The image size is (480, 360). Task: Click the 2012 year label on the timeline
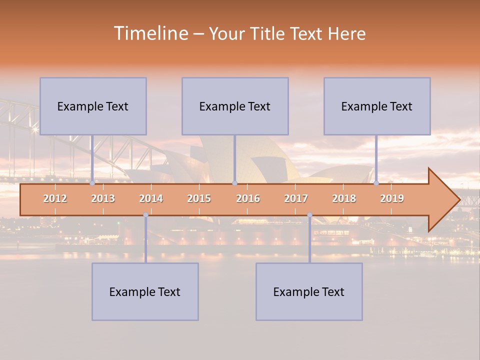click(x=55, y=198)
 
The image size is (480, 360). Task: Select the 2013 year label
click(x=103, y=198)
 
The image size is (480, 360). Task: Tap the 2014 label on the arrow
click(x=151, y=198)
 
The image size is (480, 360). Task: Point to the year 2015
click(x=199, y=198)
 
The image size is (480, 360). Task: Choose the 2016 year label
click(x=248, y=198)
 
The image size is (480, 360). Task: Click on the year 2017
click(x=296, y=198)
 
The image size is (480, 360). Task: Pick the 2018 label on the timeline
click(x=344, y=198)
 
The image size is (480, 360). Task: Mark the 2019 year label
click(x=392, y=198)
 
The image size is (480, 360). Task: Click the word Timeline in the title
click(x=150, y=33)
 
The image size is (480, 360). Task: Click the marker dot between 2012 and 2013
click(x=92, y=183)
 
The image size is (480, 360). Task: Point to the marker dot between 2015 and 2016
click(x=234, y=183)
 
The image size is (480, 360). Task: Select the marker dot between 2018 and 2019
click(x=376, y=183)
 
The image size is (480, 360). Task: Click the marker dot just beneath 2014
click(x=145, y=215)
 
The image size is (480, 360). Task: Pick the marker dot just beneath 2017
click(x=309, y=215)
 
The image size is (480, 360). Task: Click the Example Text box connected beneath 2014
click(x=145, y=291)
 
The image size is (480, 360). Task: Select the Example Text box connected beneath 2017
click(x=309, y=291)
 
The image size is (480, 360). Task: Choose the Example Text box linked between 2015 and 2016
click(x=235, y=106)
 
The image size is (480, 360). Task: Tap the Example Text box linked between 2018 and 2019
click(x=377, y=106)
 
